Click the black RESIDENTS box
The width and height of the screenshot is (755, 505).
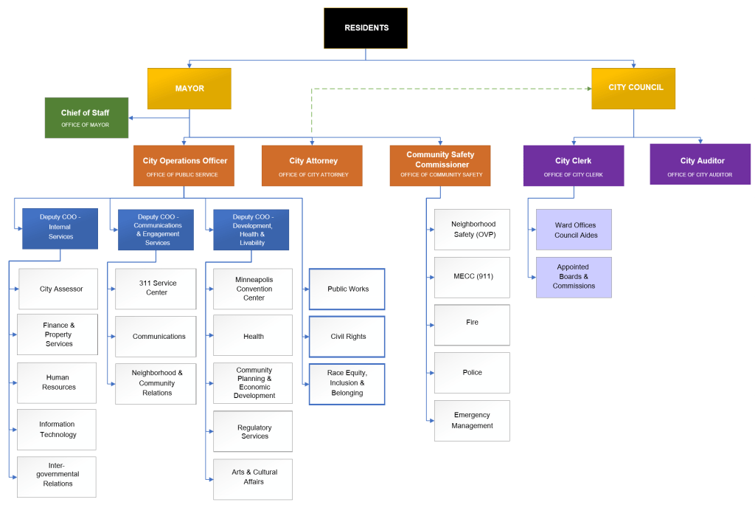[366, 28]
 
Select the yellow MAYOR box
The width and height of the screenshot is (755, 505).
[189, 89]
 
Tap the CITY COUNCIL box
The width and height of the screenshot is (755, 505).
[633, 88]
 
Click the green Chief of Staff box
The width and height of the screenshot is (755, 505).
[86, 117]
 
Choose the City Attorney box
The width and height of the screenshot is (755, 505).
[313, 165]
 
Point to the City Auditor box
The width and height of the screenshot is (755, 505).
[700, 165]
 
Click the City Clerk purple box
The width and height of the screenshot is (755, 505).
[573, 165]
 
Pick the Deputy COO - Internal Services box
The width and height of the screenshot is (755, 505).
[60, 229]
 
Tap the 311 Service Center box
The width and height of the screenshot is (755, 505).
[156, 288]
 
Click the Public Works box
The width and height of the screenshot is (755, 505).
[347, 289]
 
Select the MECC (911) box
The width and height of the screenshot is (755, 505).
[472, 277]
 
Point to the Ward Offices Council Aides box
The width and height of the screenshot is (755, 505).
[574, 230]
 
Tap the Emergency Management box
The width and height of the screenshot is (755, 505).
[472, 420]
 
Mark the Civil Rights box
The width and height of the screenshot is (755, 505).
[347, 337]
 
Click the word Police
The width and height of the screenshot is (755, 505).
[472, 373]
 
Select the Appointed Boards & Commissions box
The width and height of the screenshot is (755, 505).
[574, 277]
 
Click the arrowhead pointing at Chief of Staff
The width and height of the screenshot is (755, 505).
[132, 117]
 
